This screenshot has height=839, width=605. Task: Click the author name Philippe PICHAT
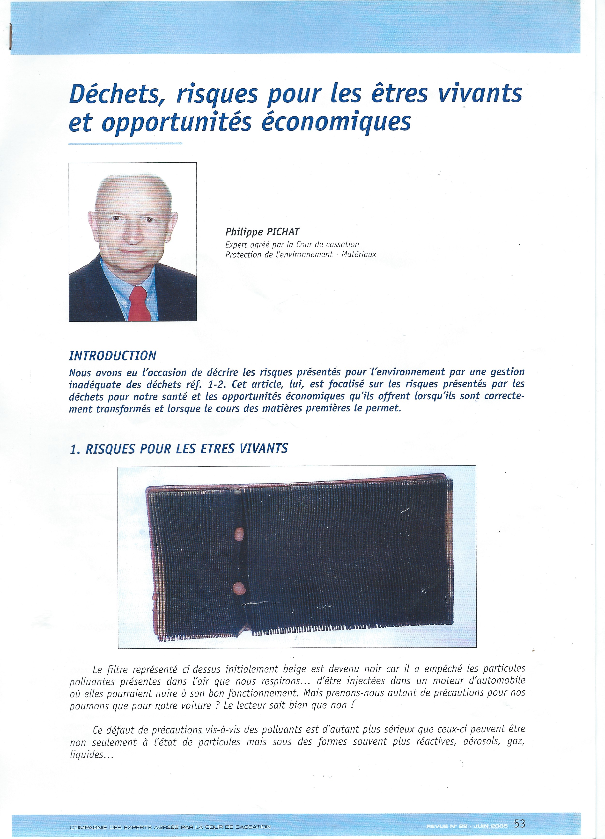262,232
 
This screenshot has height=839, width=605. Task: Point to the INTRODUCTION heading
112,356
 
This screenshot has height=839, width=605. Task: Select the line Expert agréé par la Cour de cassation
292,244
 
